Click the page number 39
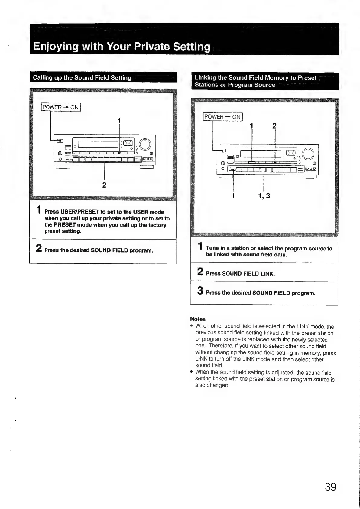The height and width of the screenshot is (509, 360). tap(330, 487)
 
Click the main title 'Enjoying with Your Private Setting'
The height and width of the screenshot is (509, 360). tap(122, 47)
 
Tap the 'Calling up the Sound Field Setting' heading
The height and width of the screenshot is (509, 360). tap(82, 77)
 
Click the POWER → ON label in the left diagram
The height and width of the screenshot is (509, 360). tap(61, 107)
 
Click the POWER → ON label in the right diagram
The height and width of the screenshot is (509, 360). tap(222, 117)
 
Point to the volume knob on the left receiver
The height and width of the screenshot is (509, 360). tap(145, 144)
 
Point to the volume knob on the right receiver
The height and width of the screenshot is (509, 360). tap(308, 154)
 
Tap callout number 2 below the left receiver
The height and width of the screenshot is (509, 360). tap(104, 185)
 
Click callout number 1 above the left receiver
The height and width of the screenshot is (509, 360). tap(119, 121)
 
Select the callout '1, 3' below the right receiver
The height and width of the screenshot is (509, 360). tap(264, 196)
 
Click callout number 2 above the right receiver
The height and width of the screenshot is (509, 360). tap(274, 126)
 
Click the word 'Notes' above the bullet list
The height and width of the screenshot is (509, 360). tap(198, 319)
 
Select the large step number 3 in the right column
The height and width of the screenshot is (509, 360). tap(200, 291)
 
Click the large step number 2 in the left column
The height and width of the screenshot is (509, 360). tap(39, 248)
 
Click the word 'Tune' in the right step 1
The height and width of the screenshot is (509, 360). tap(212, 248)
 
